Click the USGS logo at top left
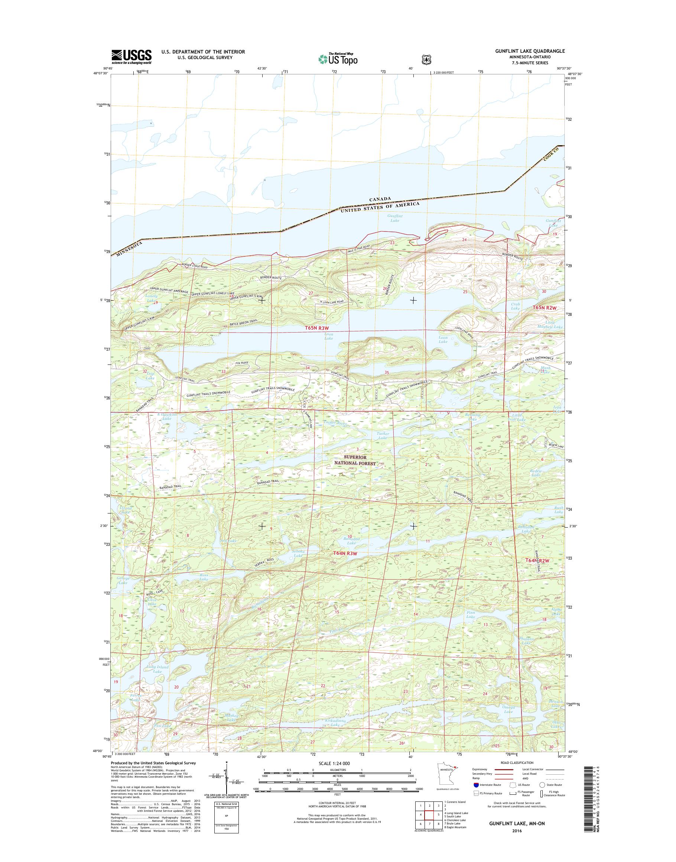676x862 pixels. [x=131, y=56]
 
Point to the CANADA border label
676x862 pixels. [x=380, y=199]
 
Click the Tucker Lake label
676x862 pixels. [x=383, y=435]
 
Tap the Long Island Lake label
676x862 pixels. [x=157, y=669]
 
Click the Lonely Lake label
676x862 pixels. [x=151, y=298]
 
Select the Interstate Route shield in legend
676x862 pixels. [x=476, y=785]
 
